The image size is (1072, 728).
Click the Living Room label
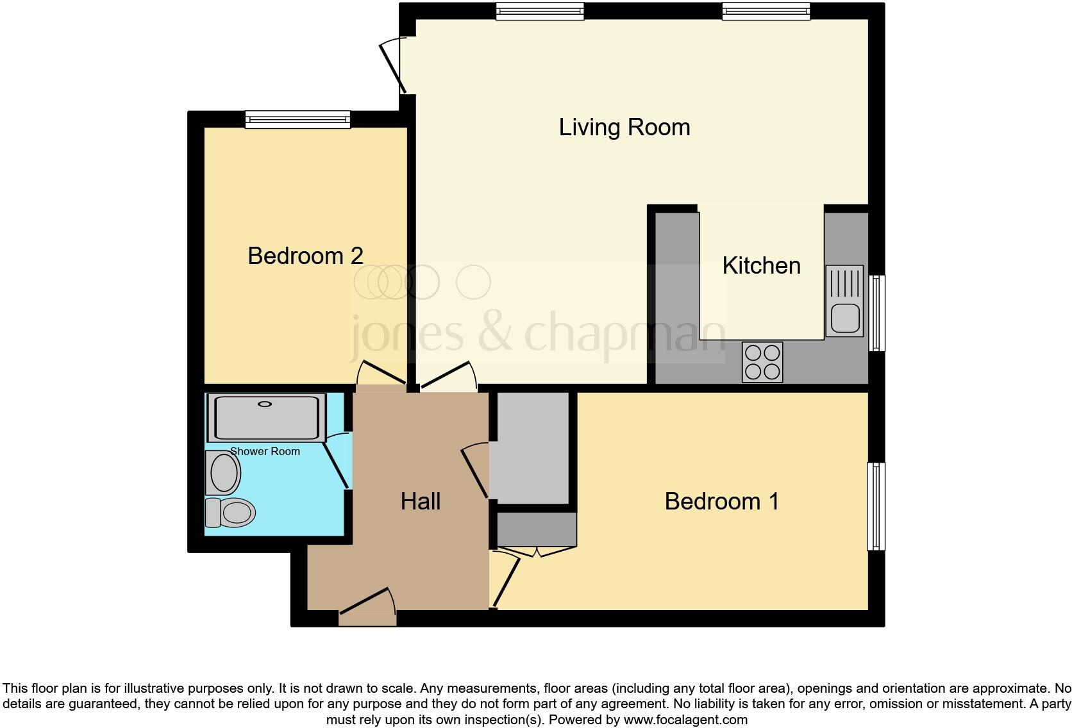pos(624,127)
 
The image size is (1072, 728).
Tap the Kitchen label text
pos(761,265)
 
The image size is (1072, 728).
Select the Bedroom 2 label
pos(305,256)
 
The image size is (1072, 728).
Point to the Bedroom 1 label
pos(721,501)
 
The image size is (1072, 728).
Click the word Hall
pos(420,501)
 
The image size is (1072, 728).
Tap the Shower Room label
pos(265,451)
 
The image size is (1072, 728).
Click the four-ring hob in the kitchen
pos(762,362)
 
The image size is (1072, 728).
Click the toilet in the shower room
pos(231,513)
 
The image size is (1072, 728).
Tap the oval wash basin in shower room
pos(223,473)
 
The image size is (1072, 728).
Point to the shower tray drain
pos(265,404)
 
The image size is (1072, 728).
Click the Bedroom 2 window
pos(297,119)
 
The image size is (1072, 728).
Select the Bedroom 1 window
pos(876,506)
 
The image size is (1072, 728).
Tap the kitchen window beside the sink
pos(876,313)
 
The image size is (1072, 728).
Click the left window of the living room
pos(540,11)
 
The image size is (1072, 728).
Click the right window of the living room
pos(766,11)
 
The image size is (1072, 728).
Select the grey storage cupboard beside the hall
pos(530,449)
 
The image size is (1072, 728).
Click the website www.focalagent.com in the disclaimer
pos(685,720)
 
